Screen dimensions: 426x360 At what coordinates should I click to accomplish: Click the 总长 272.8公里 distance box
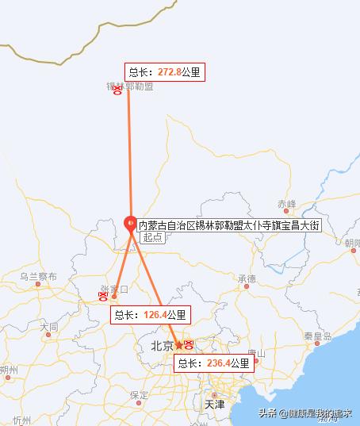[164, 72]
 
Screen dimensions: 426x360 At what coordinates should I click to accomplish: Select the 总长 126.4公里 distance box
[151, 315]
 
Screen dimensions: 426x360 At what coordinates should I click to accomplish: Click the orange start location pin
[132, 224]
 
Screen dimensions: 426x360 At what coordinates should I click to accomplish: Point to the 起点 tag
[151, 238]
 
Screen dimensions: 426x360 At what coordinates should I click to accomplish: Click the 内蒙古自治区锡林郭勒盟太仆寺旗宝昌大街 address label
[229, 225]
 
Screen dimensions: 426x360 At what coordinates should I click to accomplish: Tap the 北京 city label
[162, 346]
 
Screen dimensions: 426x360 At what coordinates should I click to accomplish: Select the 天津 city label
[214, 404]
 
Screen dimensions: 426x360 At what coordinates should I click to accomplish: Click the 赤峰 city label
[286, 203]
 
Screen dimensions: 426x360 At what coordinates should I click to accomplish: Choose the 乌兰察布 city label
[38, 277]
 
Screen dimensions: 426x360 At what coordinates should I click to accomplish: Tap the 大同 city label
[48, 326]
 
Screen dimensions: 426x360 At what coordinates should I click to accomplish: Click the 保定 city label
[140, 394]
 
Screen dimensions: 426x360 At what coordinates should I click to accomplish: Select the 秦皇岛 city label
[317, 336]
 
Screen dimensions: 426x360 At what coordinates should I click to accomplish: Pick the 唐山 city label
[255, 353]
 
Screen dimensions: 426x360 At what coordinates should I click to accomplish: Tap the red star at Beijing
[179, 345]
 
